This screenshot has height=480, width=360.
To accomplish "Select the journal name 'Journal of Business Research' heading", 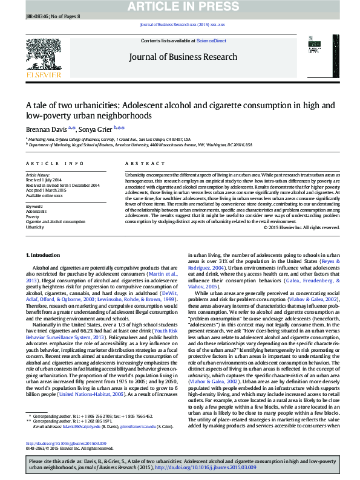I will (183, 57).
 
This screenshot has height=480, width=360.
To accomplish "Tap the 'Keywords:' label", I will (34, 206).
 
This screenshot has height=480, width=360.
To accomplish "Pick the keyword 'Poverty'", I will (33, 216).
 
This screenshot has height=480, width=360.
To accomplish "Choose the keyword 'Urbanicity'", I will (34, 227).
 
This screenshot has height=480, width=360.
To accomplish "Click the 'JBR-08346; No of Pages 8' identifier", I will (45, 16).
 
